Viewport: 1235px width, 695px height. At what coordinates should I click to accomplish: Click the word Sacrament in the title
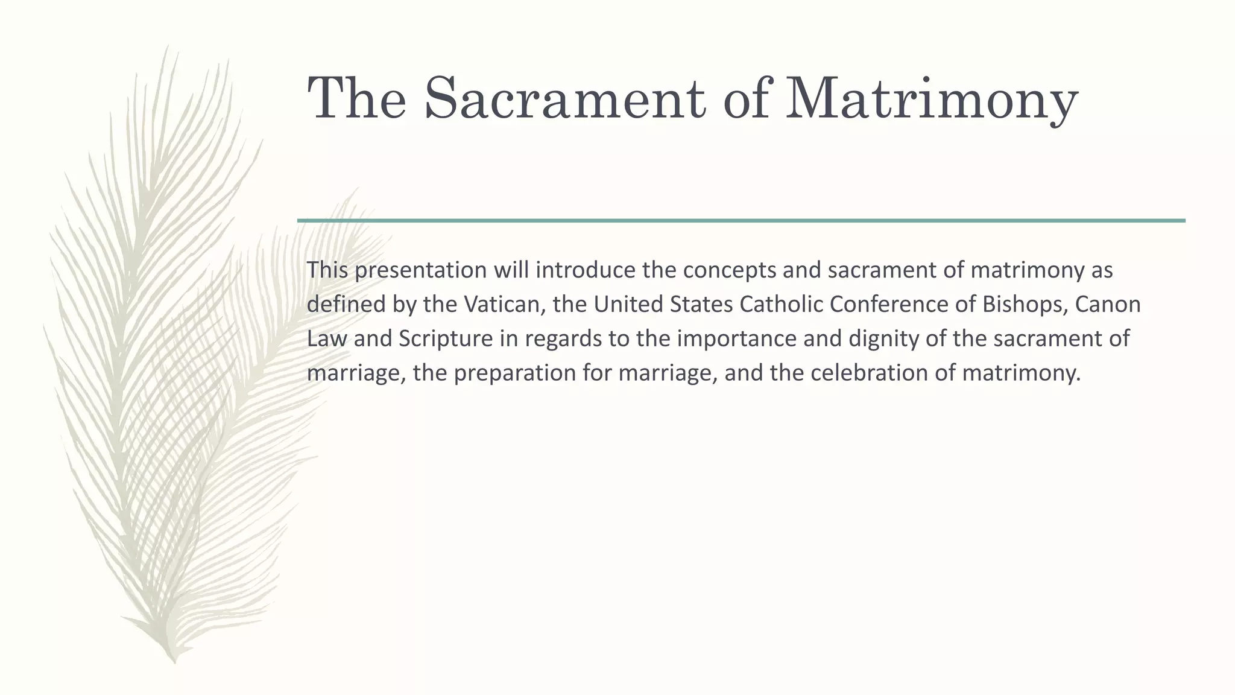565,98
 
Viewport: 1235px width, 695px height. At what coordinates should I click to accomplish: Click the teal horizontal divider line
741,221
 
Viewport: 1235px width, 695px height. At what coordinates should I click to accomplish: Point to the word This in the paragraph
327,270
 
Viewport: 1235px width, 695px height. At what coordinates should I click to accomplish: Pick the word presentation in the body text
420,270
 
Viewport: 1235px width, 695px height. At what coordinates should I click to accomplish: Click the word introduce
585,270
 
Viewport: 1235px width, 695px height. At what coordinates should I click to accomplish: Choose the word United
626,304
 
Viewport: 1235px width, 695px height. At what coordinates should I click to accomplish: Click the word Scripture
446,338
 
